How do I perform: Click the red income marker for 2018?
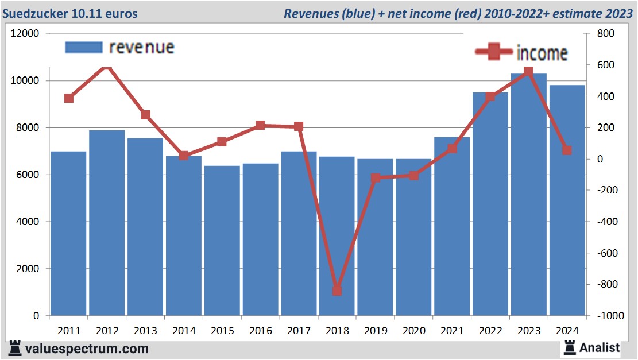coord(337,291)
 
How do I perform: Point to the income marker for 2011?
coord(69,98)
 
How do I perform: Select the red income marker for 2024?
coord(567,150)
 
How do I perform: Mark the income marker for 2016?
coord(260,125)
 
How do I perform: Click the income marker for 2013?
coord(146,115)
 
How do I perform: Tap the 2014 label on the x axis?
coord(184,331)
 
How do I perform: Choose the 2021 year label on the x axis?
coord(452,331)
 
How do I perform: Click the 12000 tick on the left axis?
coord(25,34)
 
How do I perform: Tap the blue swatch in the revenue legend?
coord(84,47)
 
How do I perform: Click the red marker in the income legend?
coord(494,52)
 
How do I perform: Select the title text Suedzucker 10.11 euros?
coord(70,13)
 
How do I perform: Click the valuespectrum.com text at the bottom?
coord(86,349)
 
